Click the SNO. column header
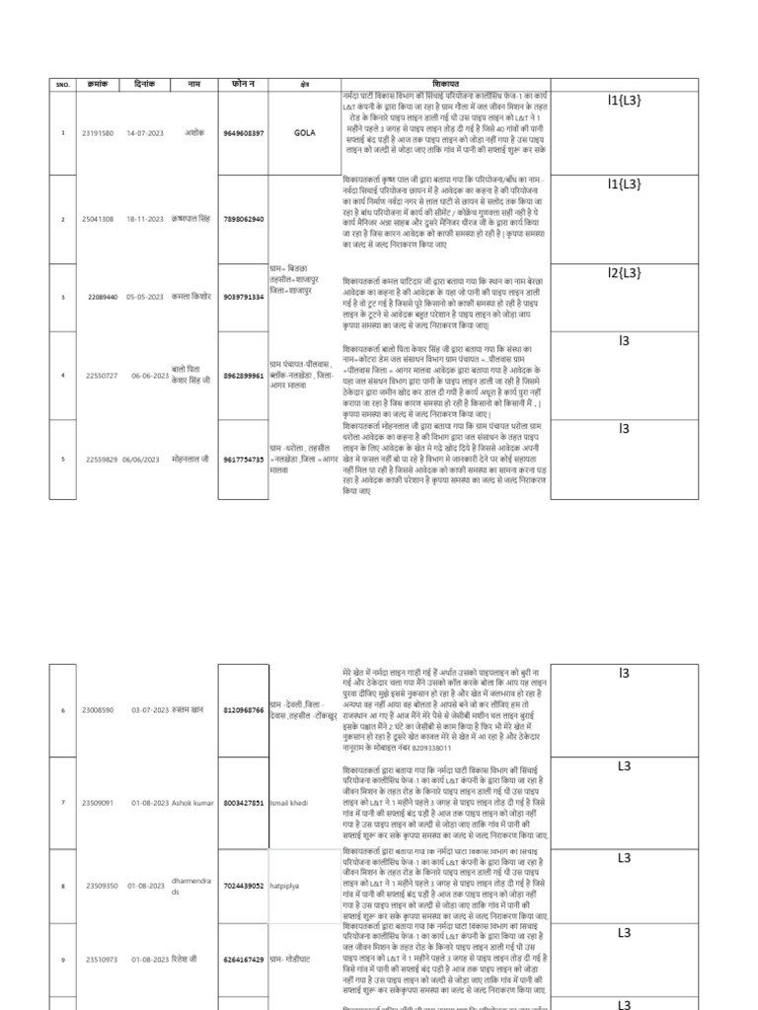point(62,85)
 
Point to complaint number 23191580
point(98,133)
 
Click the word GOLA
point(304,133)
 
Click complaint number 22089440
point(102,296)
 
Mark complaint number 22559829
point(101,460)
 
